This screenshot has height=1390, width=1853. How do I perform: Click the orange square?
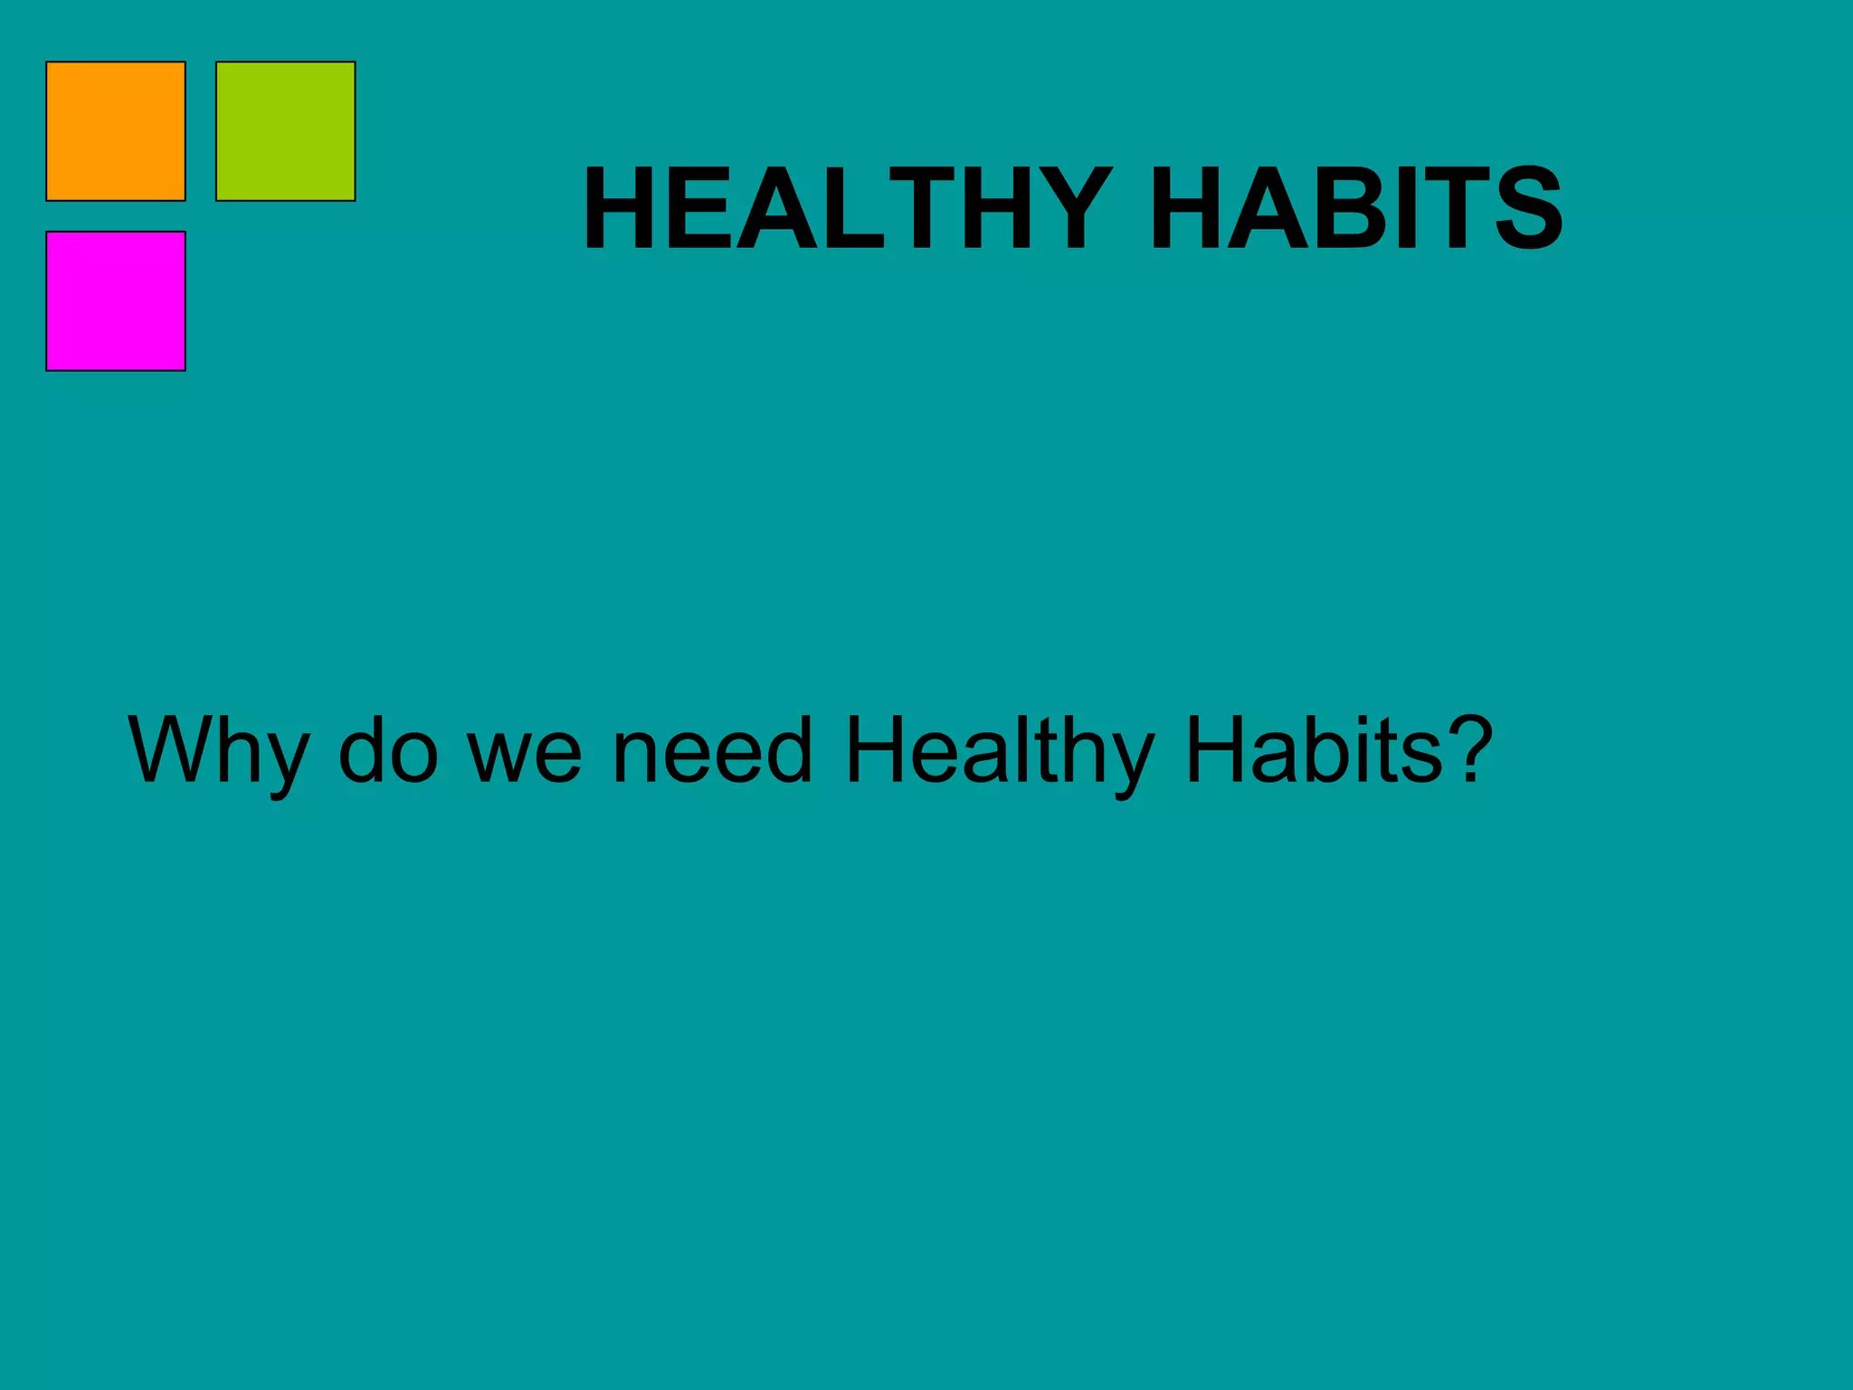tap(116, 131)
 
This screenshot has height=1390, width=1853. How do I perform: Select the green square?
tap(286, 131)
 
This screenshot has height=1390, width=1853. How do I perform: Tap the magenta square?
tap(116, 301)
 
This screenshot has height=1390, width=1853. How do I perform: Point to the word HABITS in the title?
tap(1356, 208)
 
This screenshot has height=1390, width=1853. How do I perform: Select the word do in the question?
tap(388, 751)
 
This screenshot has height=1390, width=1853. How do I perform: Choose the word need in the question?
tap(712, 751)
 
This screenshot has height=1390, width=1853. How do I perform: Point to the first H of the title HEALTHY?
tap(620, 208)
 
